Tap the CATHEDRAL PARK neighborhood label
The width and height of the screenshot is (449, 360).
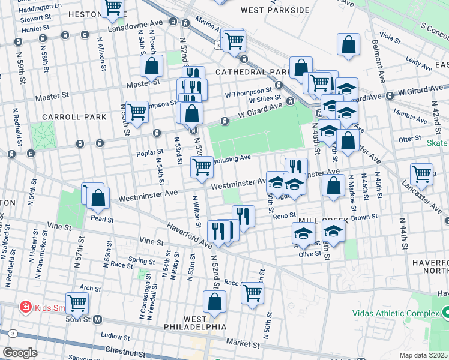(253, 72)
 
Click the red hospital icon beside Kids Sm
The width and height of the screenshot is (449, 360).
(26, 308)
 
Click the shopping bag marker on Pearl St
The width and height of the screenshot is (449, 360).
(98, 197)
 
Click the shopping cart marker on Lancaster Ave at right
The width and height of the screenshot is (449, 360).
(422, 174)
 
